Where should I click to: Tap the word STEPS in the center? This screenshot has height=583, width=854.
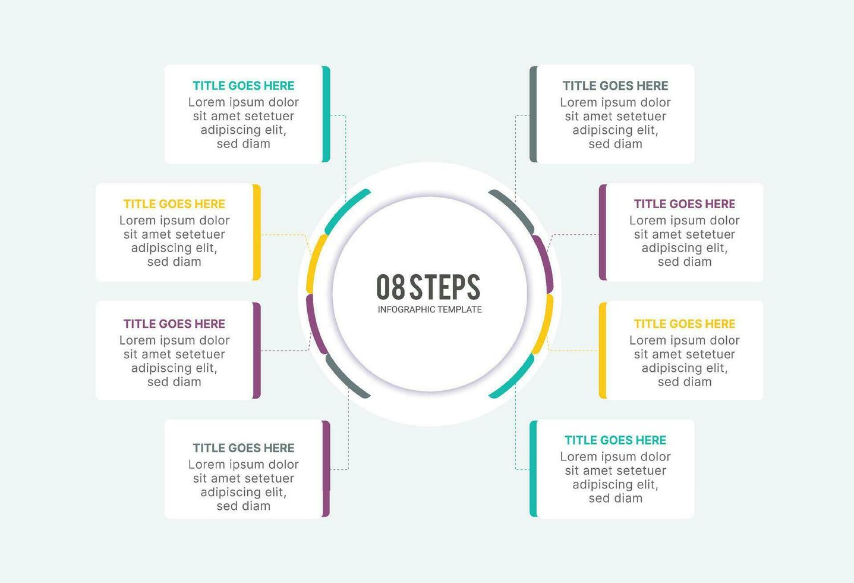445,287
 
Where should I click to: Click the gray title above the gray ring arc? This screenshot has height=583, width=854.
615,86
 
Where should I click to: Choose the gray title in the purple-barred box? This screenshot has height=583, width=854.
244,447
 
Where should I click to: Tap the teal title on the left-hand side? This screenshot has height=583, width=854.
244,86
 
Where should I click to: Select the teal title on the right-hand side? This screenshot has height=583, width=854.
615,440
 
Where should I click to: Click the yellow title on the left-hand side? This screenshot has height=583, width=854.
174,203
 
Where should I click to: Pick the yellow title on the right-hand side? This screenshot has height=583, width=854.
685,324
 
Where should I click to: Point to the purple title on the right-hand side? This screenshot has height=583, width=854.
685,203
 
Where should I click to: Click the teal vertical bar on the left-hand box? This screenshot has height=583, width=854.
326,114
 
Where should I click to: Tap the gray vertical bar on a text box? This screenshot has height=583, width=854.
533,114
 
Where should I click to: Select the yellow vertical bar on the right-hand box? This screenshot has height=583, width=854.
603,350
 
